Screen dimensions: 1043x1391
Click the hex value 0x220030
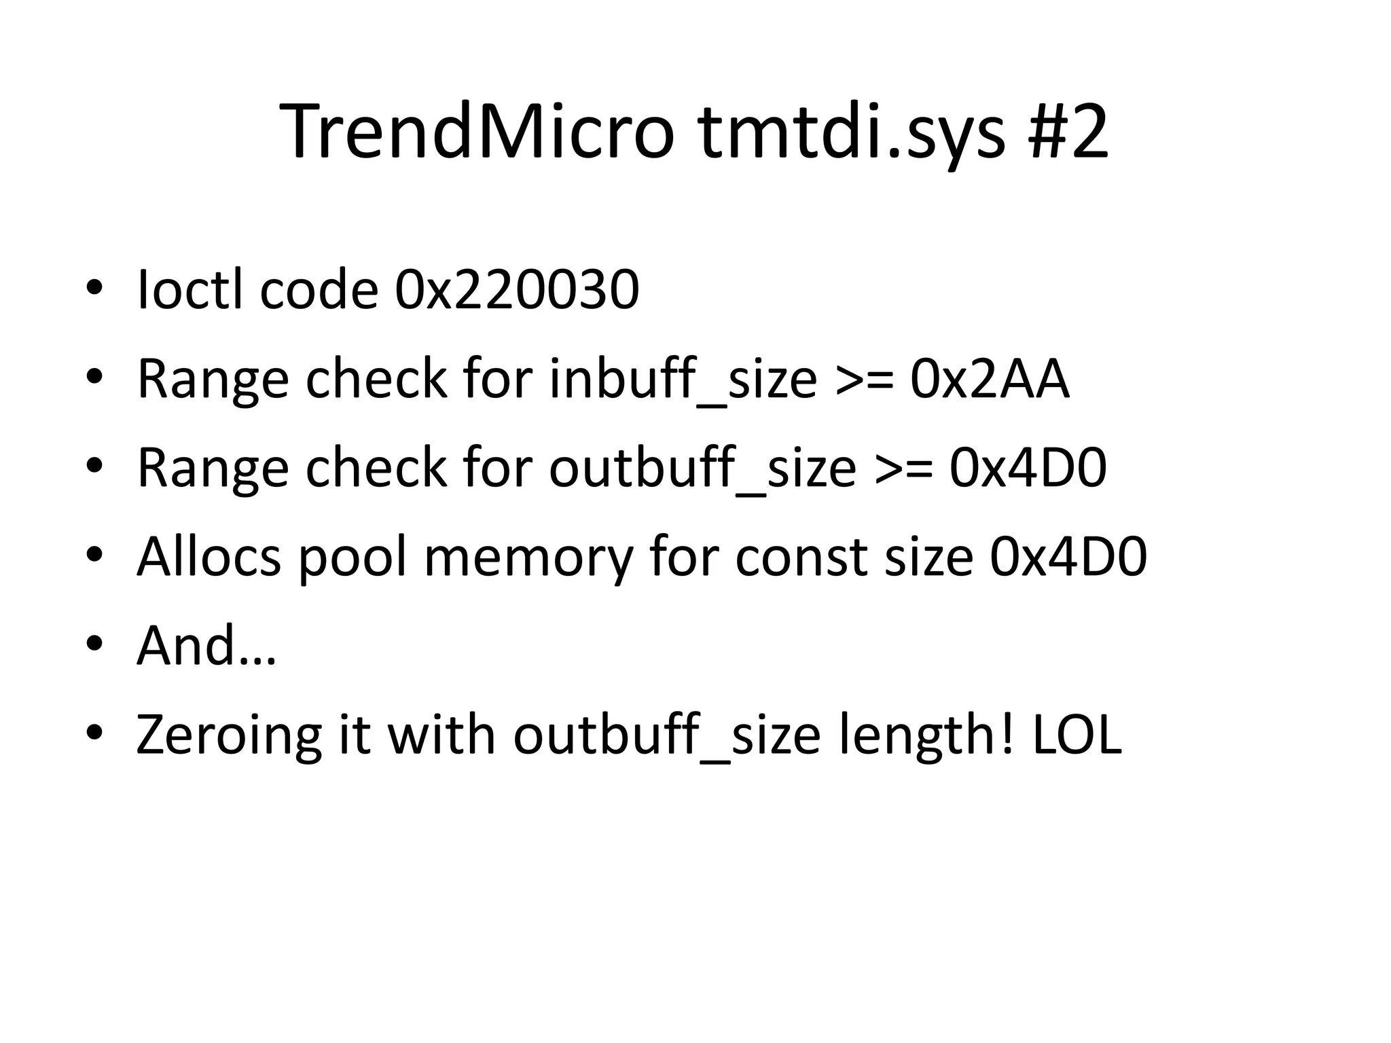tap(517, 290)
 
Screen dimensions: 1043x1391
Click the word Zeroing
tap(229, 735)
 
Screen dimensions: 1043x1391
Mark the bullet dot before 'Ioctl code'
tap(94, 288)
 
